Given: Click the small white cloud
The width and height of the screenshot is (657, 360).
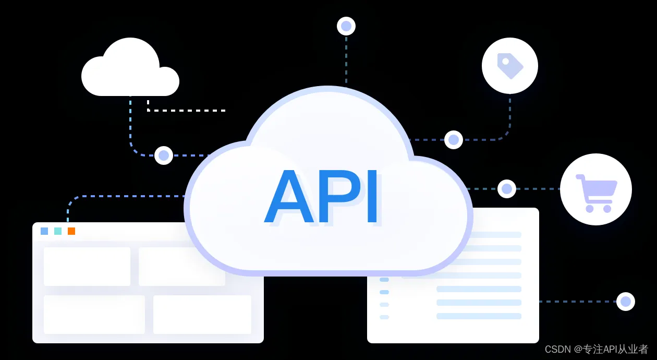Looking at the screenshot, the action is pos(130,73).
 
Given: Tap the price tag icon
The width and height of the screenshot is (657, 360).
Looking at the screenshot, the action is pos(509,66).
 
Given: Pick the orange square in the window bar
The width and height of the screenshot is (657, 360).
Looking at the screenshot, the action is pos(71,231).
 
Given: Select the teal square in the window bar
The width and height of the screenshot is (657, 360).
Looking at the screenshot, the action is pos(58,231).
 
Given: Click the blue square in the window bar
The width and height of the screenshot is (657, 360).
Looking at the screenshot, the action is pos(44,231).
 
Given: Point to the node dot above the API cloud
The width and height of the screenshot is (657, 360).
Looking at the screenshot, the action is pos(346,26).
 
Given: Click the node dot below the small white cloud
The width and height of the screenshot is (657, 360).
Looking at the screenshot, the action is pos(164,155).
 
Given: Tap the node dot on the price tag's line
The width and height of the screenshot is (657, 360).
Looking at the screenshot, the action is pos(454,140).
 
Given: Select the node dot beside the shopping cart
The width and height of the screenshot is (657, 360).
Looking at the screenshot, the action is pos(507,189).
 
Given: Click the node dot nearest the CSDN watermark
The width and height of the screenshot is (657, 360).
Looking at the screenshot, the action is pos(626,302).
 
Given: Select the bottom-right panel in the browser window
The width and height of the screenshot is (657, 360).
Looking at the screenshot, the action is pos(202,315).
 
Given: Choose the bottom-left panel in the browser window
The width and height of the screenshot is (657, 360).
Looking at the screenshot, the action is pos(94,315).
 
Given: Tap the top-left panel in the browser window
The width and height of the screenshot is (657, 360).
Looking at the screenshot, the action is pos(87,267).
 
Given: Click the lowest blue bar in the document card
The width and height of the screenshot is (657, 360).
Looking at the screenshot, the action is pos(479,316).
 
